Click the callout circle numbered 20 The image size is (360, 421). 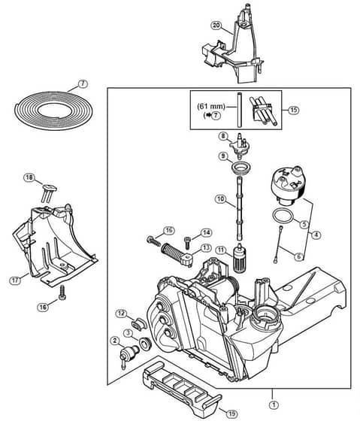[216, 26]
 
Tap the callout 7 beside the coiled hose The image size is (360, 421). [83, 83]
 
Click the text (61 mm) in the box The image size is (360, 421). [210, 106]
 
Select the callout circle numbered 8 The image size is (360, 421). [223, 136]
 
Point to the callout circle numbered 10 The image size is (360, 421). [220, 199]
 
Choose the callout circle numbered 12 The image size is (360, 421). [121, 313]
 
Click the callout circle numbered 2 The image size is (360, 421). [115, 341]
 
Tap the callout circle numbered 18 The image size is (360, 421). [29, 177]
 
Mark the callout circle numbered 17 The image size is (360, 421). [15, 280]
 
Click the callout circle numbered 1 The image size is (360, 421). [274, 405]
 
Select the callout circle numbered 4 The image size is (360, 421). [316, 235]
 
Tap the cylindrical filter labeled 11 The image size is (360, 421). [239, 258]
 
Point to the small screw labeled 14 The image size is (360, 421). [187, 243]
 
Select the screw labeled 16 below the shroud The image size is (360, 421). [62, 292]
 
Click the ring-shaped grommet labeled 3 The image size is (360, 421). [146, 343]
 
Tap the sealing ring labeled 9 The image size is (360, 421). [241, 169]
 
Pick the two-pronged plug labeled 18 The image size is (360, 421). [49, 192]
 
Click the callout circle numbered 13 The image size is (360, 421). [206, 247]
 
